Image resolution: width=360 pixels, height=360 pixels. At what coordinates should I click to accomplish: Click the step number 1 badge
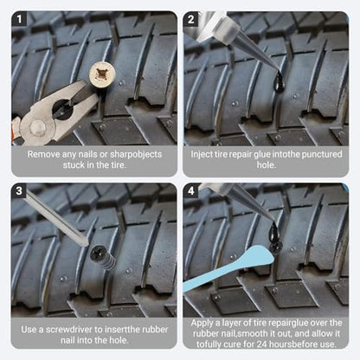coord(19,19)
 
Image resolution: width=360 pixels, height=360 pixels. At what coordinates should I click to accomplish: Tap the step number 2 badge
coord(190,19)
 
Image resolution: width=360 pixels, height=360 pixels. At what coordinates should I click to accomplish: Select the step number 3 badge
coord(19,190)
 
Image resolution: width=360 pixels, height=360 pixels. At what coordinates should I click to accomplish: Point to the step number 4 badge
coord(190,190)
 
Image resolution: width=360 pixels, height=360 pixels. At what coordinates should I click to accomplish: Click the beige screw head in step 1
coord(102,74)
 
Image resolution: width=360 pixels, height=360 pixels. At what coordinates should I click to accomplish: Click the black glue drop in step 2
coord(280,82)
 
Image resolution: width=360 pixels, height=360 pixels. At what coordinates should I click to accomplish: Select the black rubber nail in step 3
coord(103,257)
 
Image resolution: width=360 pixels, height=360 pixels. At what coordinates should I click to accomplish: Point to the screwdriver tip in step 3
coord(86,244)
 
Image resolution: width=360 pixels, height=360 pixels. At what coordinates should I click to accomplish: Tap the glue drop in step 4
coord(274,232)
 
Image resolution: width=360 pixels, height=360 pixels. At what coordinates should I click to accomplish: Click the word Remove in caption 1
coord(43,154)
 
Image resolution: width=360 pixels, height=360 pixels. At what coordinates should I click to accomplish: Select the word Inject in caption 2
coord(201,154)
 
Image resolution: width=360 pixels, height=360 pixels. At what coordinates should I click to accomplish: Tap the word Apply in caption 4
coord(202,323)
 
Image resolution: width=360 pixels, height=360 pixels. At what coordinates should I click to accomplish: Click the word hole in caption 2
coord(266,165)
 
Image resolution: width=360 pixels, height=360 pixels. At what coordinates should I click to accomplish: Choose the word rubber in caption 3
coord(155,330)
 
